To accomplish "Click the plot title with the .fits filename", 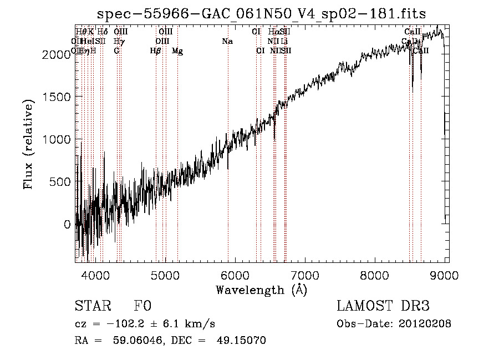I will tap(262, 14).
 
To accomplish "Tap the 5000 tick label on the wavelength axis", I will tap(165, 275).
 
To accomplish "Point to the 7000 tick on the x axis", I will tap(305, 275).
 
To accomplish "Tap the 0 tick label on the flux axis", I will tap(68, 225).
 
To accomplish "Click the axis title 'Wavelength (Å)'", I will tap(261, 290).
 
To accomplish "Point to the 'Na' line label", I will tap(227, 42).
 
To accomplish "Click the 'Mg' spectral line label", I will tap(177, 51).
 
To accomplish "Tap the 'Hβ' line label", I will tap(156, 51).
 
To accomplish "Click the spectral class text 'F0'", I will tap(142, 306).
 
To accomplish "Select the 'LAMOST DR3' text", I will tap(383, 306).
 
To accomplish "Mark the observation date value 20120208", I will tap(424, 323).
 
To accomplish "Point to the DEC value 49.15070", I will tap(241, 341).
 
